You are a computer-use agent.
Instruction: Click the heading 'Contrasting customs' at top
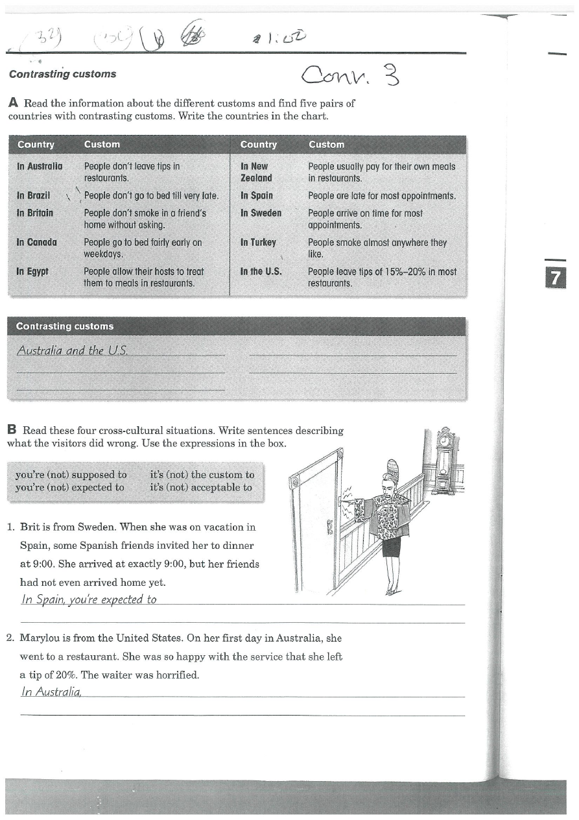coord(62,74)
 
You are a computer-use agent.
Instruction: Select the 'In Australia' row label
coord(40,167)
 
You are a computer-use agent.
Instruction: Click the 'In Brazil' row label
coord(33,195)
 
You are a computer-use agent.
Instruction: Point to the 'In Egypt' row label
coord(32,272)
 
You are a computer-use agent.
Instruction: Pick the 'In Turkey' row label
coord(258,243)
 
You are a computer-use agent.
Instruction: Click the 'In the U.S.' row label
coord(261,272)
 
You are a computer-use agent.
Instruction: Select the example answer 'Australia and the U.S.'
coord(72,350)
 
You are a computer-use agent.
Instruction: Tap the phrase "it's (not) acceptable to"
coord(200,487)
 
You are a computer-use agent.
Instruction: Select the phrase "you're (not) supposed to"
coord(71,475)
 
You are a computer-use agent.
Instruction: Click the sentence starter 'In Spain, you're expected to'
coord(89,599)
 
